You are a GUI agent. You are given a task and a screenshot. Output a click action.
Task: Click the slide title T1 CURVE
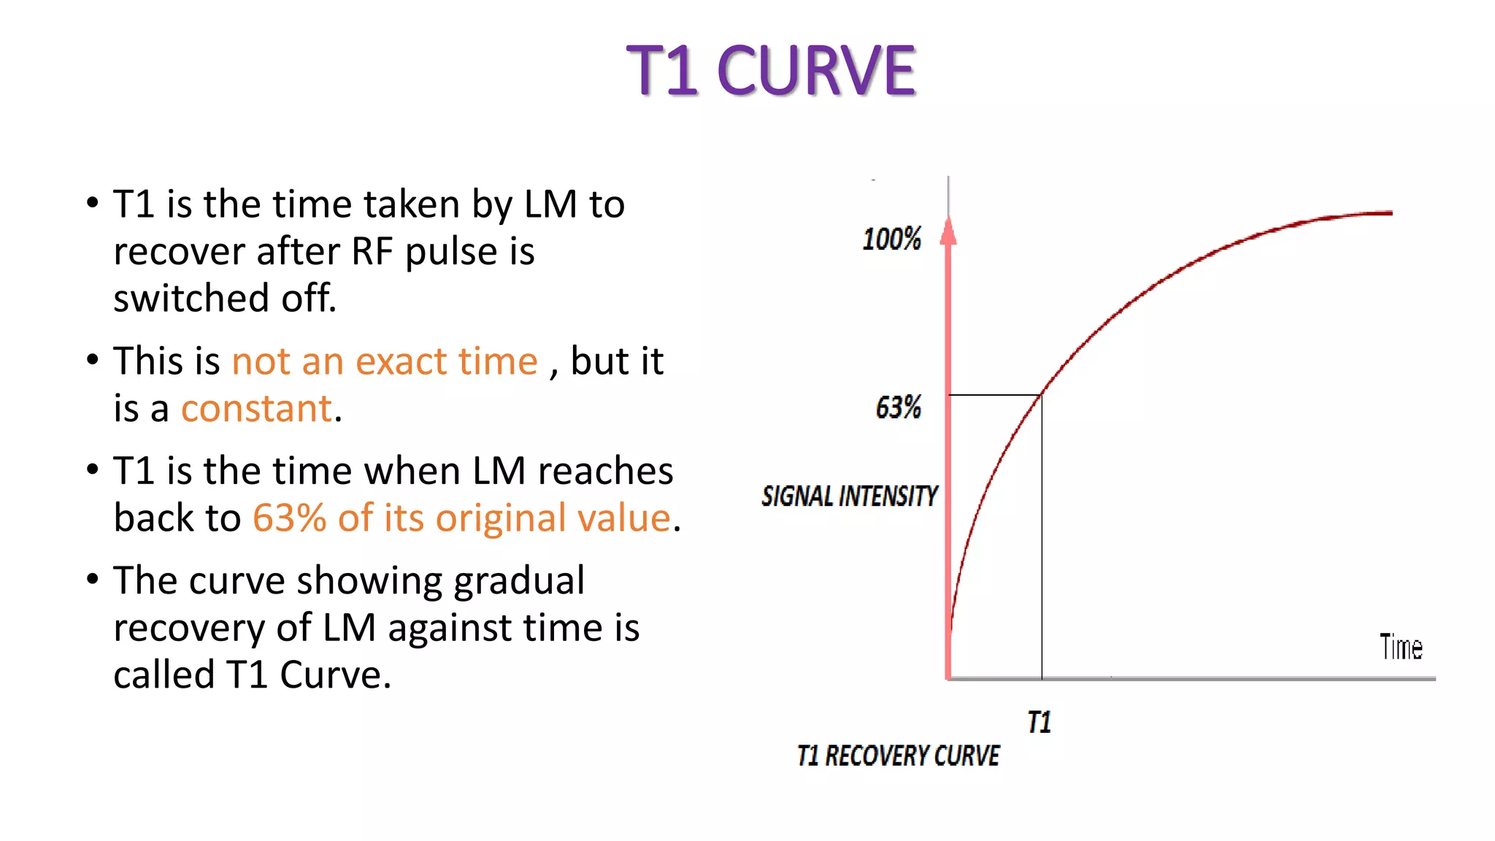tap(770, 71)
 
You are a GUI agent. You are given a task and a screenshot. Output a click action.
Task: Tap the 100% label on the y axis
tap(891, 239)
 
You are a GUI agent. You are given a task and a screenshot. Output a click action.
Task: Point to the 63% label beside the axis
tap(898, 407)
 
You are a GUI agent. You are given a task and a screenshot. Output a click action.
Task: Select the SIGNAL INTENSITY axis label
tap(849, 496)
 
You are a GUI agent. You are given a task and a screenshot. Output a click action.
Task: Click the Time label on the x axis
tap(1400, 648)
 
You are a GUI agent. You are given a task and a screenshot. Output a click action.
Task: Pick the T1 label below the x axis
tap(1039, 722)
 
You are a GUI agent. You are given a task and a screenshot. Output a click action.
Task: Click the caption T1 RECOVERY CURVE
tap(898, 756)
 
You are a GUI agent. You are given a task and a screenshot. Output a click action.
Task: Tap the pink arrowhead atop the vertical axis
tap(948, 231)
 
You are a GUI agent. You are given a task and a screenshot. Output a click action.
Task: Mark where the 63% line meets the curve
tap(1042, 394)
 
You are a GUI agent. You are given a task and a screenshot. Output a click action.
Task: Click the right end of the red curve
tap(1390, 213)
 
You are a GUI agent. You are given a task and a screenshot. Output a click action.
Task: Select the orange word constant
tap(256, 408)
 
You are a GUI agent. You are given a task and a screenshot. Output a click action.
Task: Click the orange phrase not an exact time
tap(384, 361)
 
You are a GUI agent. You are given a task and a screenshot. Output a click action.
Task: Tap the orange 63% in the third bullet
tap(289, 518)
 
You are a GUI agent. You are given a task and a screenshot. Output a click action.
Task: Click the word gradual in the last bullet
tap(518, 581)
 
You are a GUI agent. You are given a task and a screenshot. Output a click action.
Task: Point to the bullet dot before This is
tap(92, 359)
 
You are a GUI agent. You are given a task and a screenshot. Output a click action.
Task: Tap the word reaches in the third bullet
tap(605, 471)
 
